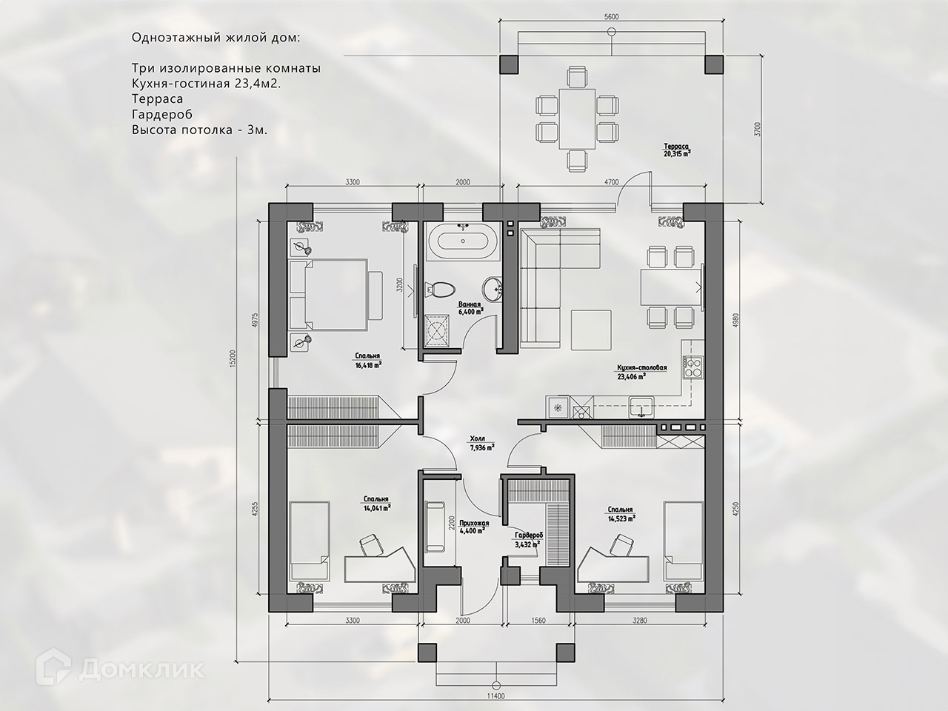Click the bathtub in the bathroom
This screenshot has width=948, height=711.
click(x=463, y=241)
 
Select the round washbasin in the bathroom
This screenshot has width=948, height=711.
click(x=492, y=290)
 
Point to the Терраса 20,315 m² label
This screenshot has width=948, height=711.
click(x=676, y=150)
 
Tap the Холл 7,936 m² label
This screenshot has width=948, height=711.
click(x=481, y=444)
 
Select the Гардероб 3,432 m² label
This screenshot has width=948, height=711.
click(x=528, y=540)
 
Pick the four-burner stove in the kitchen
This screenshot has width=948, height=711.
click(x=693, y=367)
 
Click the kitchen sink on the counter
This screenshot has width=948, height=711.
click(x=641, y=407)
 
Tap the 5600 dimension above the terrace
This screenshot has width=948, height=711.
click(x=612, y=17)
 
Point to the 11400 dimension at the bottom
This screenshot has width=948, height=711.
click(x=495, y=708)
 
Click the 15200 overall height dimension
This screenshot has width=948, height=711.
click(x=233, y=358)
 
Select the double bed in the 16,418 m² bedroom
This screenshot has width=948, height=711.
click(x=336, y=295)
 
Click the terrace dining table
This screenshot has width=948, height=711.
click(x=577, y=118)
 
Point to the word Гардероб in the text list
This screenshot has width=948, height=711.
click(x=162, y=114)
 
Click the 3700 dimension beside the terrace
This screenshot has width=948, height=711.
click(x=757, y=129)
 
